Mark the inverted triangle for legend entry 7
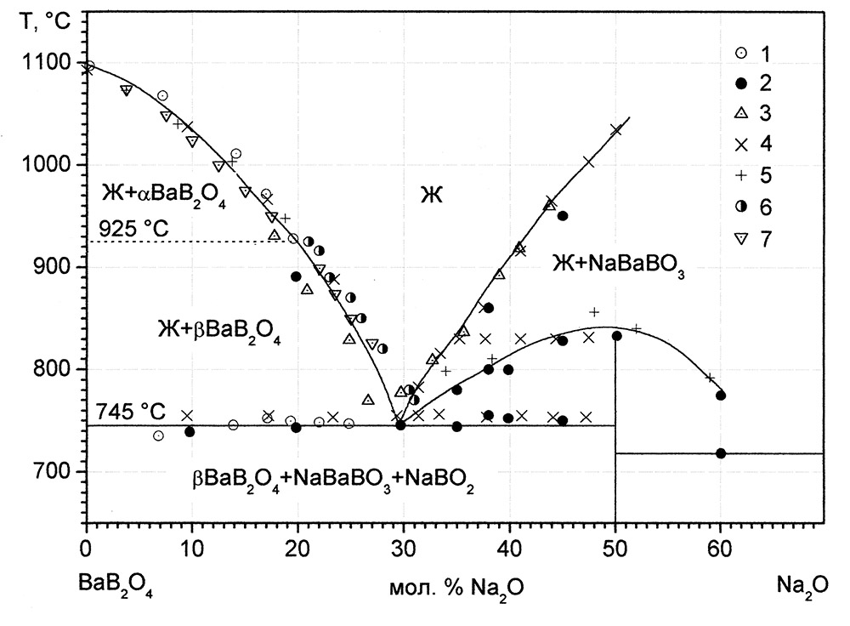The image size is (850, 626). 740,236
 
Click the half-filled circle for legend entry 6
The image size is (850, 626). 740,206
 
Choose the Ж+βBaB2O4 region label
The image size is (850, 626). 218,328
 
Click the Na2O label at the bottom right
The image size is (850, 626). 800,586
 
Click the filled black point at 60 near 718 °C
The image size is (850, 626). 721,453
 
